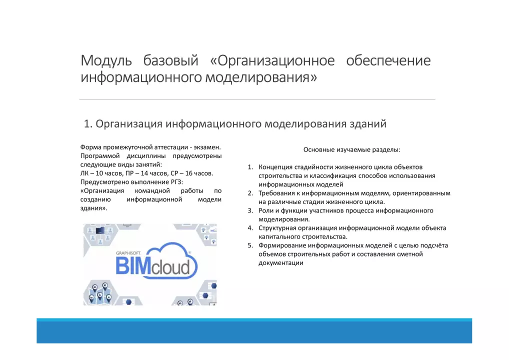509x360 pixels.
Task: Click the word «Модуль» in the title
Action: (x=106, y=60)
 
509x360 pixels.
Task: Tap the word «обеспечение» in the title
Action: (x=388, y=60)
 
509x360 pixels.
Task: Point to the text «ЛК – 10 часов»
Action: (x=101, y=173)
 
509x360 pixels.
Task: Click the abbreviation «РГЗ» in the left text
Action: (x=176, y=182)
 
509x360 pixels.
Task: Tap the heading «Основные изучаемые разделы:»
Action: (x=352, y=149)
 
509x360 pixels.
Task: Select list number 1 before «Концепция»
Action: (x=250, y=167)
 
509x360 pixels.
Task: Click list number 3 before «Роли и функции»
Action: (x=250, y=210)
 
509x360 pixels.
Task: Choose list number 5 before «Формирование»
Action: (x=250, y=245)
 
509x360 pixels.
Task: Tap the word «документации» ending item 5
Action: (x=281, y=263)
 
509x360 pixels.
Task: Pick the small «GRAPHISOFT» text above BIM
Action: (x=128, y=253)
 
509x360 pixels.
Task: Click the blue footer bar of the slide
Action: (x=254, y=331)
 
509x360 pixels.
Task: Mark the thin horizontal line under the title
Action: (x=257, y=99)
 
